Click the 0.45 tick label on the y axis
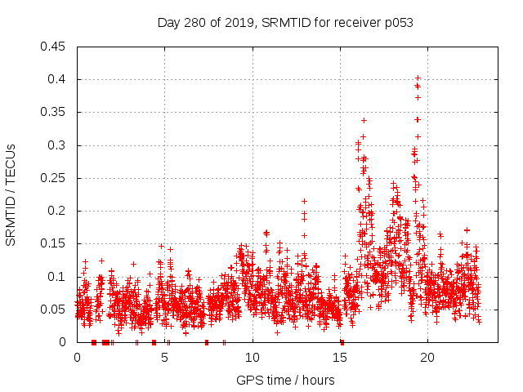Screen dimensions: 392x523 53,47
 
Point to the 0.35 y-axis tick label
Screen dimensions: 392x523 53,113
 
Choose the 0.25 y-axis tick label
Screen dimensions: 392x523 53,178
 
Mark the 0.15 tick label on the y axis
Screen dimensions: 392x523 53,244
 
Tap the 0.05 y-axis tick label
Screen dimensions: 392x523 53,310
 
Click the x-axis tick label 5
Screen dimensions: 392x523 164,358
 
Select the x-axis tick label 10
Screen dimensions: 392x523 253,358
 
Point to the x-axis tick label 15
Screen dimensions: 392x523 340,358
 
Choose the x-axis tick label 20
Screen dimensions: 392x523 427,358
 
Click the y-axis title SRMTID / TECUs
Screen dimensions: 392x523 11,194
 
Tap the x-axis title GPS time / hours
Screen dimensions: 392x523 285,380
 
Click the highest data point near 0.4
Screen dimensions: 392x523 418,78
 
